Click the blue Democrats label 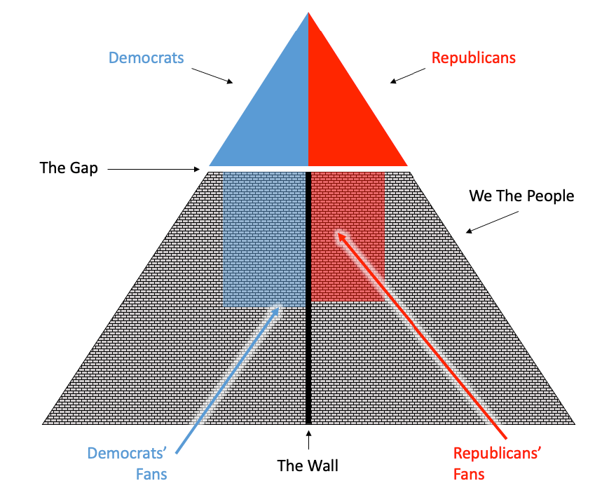(x=146, y=57)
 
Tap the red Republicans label (x=474, y=57)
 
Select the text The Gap (x=69, y=168)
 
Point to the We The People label (x=521, y=196)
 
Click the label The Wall (x=308, y=465)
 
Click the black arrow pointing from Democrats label (x=212, y=76)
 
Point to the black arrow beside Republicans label (x=407, y=75)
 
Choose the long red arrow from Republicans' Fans (x=420, y=330)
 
